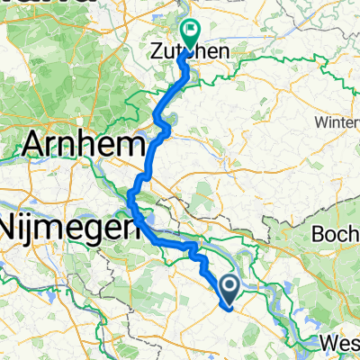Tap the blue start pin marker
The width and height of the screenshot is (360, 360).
click(229, 287)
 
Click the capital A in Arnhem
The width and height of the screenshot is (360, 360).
click(38, 145)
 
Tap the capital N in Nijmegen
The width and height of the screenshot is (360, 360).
click(11, 226)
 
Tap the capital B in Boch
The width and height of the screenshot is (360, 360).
click(319, 234)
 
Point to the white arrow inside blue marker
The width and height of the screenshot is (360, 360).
click(229, 286)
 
